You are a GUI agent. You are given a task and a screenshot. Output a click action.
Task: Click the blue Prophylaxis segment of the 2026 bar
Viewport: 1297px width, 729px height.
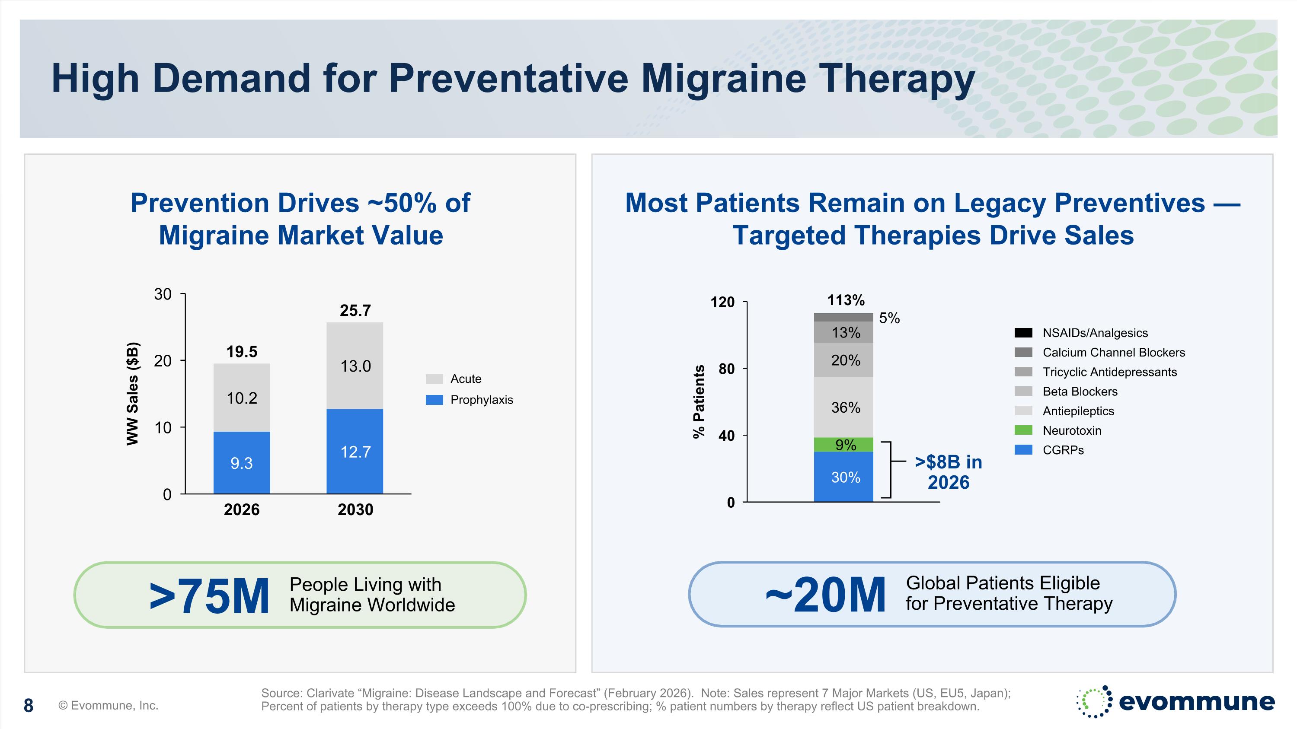click(x=242, y=462)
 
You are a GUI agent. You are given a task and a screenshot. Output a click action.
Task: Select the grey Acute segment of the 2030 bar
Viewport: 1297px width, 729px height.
click(x=355, y=366)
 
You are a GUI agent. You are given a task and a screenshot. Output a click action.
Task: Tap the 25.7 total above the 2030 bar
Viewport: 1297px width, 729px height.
click(x=355, y=310)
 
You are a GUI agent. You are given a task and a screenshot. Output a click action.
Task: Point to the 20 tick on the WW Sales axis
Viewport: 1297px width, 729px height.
click(x=163, y=361)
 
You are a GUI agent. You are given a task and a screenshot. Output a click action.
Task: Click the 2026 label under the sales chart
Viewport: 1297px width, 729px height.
click(x=242, y=509)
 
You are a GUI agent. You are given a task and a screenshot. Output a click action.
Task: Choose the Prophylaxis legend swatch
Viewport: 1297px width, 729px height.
click(x=434, y=400)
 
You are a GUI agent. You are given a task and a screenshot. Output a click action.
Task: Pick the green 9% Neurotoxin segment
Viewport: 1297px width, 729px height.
click(x=844, y=445)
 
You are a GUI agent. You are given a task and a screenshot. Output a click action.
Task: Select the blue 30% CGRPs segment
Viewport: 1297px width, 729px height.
click(x=844, y=477)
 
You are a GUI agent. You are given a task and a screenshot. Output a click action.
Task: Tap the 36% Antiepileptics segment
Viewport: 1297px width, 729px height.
click(x=844, y=407)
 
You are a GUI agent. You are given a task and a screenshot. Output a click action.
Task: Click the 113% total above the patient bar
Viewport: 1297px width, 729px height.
click(x=846, y=300)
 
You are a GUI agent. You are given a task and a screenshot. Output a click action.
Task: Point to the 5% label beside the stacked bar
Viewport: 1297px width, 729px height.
click(x=889, y=318)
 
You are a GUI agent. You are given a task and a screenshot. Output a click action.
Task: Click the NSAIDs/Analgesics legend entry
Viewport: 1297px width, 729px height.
click(x=1095, y=333)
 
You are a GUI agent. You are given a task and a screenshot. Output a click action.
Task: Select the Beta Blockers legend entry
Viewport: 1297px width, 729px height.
click(x=1080, y=392)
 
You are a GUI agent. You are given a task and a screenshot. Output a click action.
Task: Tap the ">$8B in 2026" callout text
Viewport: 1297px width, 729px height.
click(x=949, y=472)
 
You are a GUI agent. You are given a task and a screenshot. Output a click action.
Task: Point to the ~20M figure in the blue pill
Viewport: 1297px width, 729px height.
click(x=826, y=595)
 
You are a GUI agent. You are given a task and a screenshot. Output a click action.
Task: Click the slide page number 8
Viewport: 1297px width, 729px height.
click(x=29, y=706)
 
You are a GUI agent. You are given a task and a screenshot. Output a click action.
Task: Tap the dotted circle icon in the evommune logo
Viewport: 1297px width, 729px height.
click(x=1094, y=701)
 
